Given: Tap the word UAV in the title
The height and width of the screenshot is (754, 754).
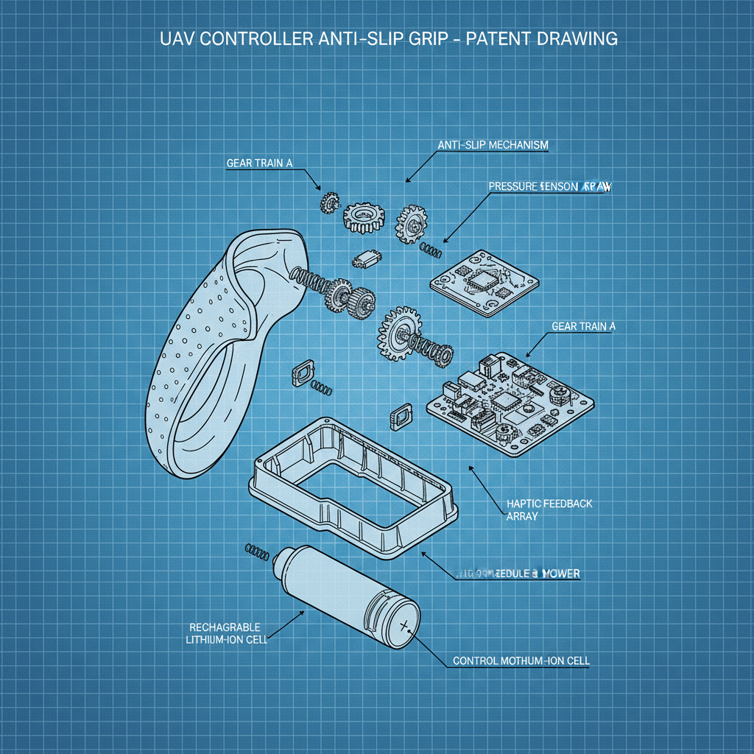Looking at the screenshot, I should (x=176, y=38).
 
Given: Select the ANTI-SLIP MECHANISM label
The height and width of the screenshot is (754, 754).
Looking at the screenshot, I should (x=493, y=145).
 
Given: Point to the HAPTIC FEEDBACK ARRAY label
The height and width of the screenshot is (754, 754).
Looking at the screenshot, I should (x=549, y=510).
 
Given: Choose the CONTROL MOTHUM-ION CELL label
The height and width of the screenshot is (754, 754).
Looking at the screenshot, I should (x=521, y=660).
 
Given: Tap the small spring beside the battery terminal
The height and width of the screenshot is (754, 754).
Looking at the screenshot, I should (x=256, y=549).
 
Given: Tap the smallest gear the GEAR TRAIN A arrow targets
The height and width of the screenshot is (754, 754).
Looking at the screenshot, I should (x=329, y=200).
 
